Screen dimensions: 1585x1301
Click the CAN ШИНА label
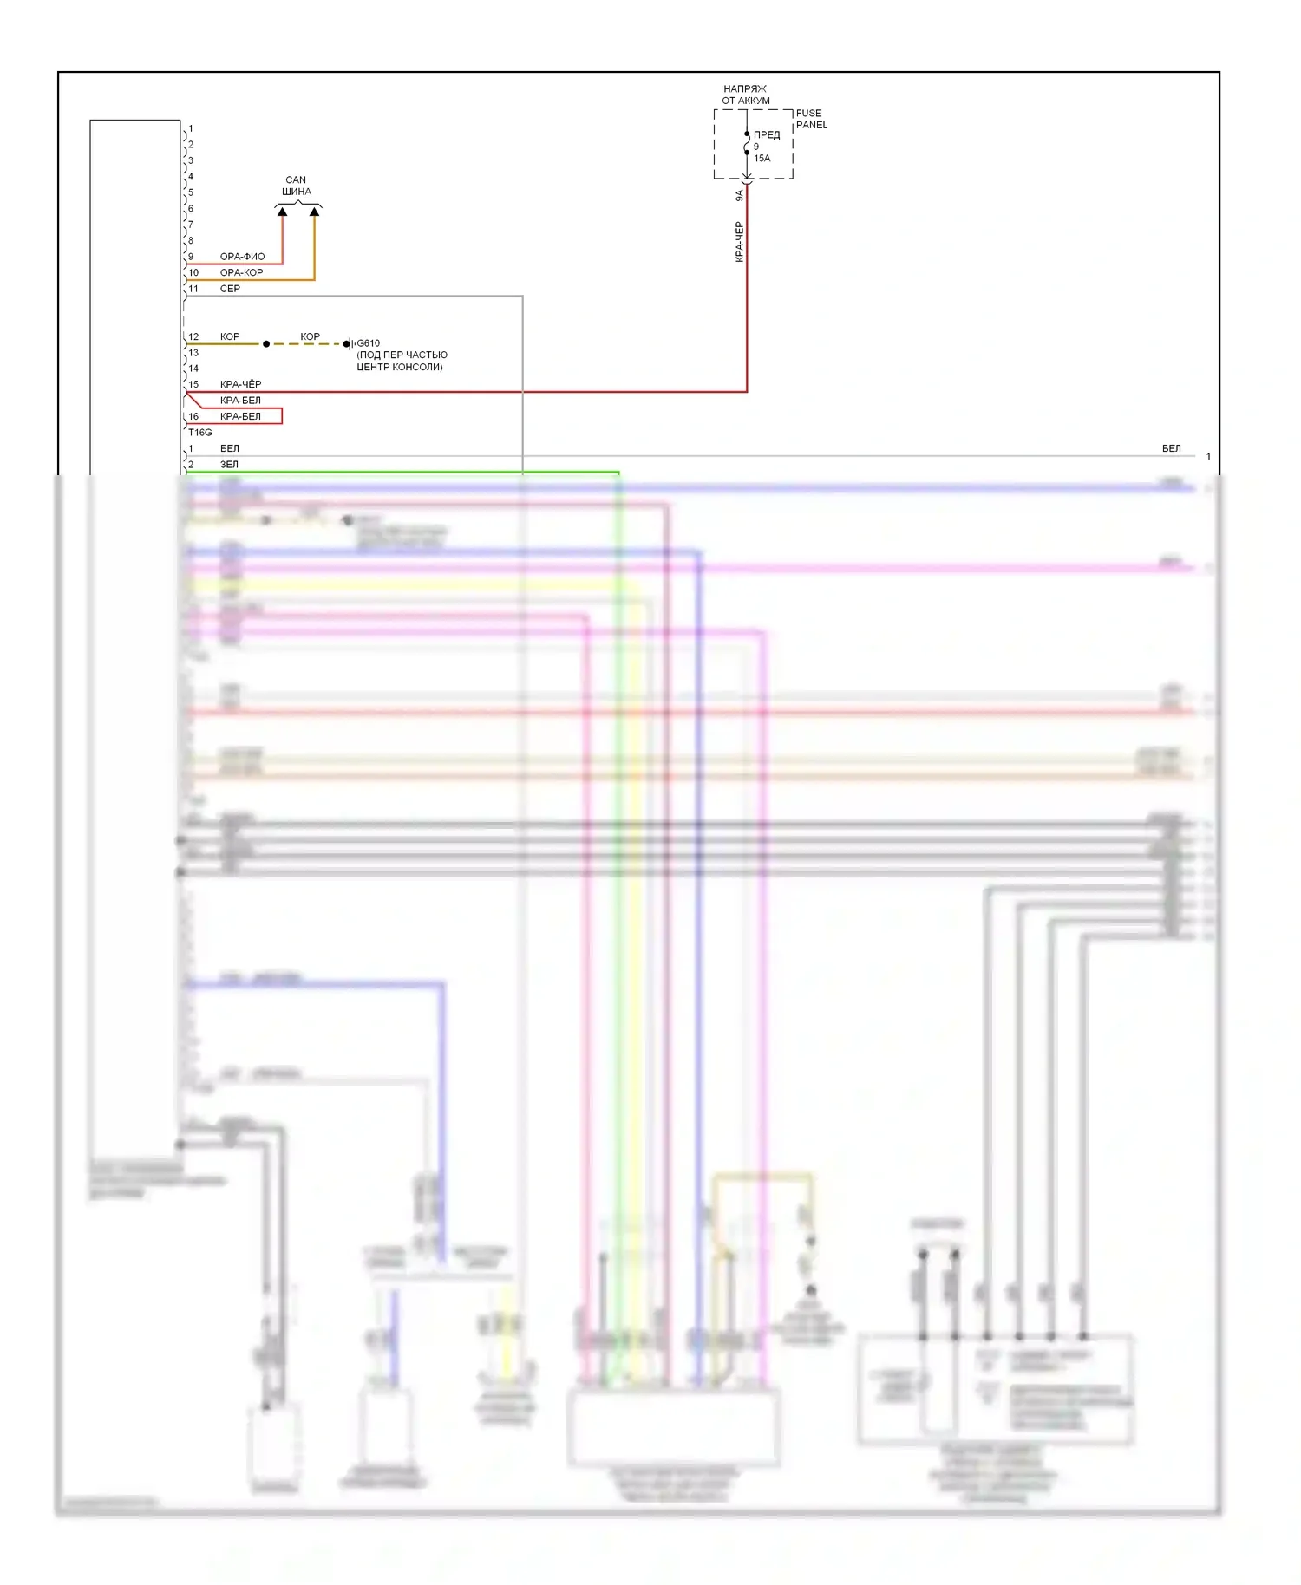click(x=296, y=186)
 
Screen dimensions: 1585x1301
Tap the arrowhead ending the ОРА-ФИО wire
click(x=282, y=212)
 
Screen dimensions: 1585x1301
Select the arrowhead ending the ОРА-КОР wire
click(x=314, y=212)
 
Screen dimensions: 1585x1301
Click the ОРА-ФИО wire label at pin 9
click(x=242, y=257)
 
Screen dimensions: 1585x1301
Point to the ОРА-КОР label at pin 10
click(x=241, y=272)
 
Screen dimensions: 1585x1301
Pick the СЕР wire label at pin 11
click(x=230, y=289)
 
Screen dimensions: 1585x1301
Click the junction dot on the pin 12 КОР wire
click(x=266, y=344)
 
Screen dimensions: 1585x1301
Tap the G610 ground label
click(x=369, y=343)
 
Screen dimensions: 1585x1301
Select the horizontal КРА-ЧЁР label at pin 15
click(x=240, y=384)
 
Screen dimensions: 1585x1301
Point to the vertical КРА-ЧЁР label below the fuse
click(x=739, y=241)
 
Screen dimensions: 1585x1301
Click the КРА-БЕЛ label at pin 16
click(x=240, y=416)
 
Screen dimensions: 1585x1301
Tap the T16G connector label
click(x=199, y=432)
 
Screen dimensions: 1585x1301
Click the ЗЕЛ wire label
click(x=229, y=465)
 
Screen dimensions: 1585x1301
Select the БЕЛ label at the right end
click(x=1171, y=448)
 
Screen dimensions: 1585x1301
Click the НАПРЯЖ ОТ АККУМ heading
click(x=745, y=95)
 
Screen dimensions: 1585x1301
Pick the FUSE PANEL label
click(x=811, y=119)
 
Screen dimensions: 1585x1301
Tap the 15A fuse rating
click(x=762, y=158)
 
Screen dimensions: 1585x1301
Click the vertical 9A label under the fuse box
click(x=739, y=196)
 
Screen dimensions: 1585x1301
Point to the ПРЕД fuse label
click(x=767, y=134)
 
